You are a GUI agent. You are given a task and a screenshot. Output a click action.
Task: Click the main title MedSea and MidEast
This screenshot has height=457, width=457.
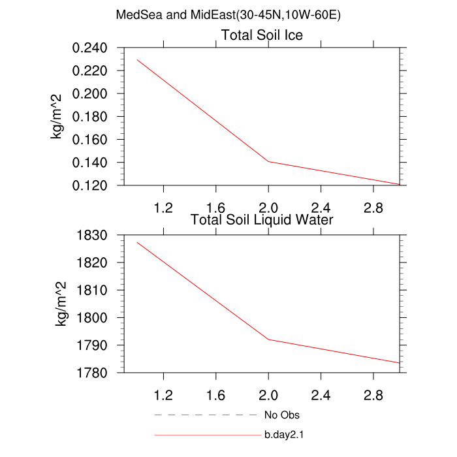pos(228,15)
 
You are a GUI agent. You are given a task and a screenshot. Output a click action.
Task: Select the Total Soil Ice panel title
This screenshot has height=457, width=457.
pos(262,35)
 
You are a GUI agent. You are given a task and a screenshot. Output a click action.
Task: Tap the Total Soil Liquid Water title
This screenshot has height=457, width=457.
pos(262,220)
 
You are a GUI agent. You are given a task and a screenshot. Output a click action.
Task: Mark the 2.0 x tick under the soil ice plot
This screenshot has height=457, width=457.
pos(268,208)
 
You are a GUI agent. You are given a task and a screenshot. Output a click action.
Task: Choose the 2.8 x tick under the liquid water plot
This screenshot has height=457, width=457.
pos(373,395)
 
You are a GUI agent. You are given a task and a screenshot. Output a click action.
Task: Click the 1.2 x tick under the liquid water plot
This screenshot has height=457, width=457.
pos(163,395)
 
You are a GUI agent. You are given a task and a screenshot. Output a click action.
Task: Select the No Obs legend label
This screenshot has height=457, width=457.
pos(281,415)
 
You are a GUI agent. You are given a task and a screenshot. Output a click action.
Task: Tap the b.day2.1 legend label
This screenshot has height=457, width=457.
pos(285,434)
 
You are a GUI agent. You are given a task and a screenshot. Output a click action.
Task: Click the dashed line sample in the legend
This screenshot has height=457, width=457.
pos(206,415)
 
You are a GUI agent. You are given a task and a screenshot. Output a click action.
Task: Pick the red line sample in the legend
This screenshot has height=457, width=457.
pos(206,434)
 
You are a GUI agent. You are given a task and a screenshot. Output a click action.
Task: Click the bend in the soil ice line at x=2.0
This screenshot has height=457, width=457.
pos(268,161)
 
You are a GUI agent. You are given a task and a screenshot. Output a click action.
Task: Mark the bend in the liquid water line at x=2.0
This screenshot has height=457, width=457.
pos(268,339)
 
